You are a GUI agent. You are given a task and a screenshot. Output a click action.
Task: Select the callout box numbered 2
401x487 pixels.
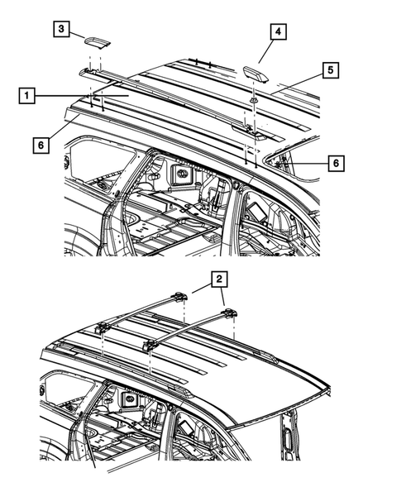tap(219, 279)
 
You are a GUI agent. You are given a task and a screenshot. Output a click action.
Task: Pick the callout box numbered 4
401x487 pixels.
tap(279, 32)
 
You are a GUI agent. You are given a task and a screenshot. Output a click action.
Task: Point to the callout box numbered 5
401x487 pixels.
tap(329, 70)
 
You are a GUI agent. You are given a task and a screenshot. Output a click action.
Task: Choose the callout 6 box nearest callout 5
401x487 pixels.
tap(334, 164)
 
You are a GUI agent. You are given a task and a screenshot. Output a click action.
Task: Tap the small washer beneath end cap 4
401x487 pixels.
tap(252, 99)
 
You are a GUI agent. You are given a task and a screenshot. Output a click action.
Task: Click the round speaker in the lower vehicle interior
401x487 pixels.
tap(129, 399)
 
